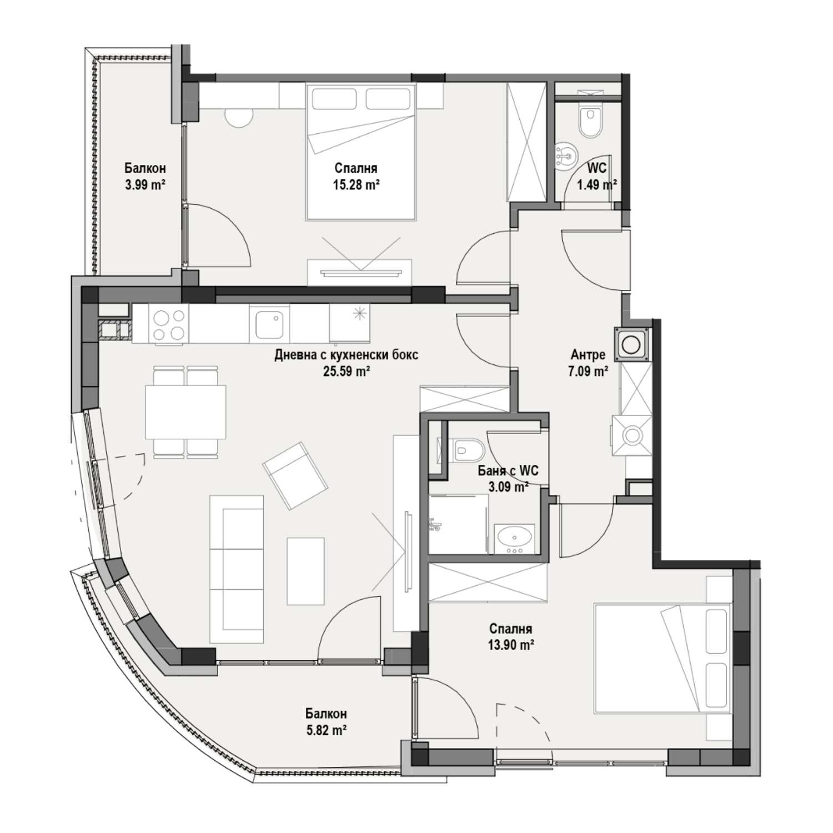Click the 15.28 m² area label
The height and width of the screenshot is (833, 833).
point(356,185)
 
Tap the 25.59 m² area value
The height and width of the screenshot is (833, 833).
point(347,372)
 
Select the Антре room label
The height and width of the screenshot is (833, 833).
point(588,355)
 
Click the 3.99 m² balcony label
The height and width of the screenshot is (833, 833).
point(145,185)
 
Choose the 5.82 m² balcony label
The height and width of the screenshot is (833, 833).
point(327,730)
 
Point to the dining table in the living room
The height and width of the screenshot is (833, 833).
point(185,412)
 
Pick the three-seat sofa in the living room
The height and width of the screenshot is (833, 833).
point(237,570)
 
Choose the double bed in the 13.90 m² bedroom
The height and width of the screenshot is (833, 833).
point(663,659)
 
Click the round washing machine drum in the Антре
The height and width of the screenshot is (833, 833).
point(631,344)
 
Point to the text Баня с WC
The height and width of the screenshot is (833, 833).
point(508,471)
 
